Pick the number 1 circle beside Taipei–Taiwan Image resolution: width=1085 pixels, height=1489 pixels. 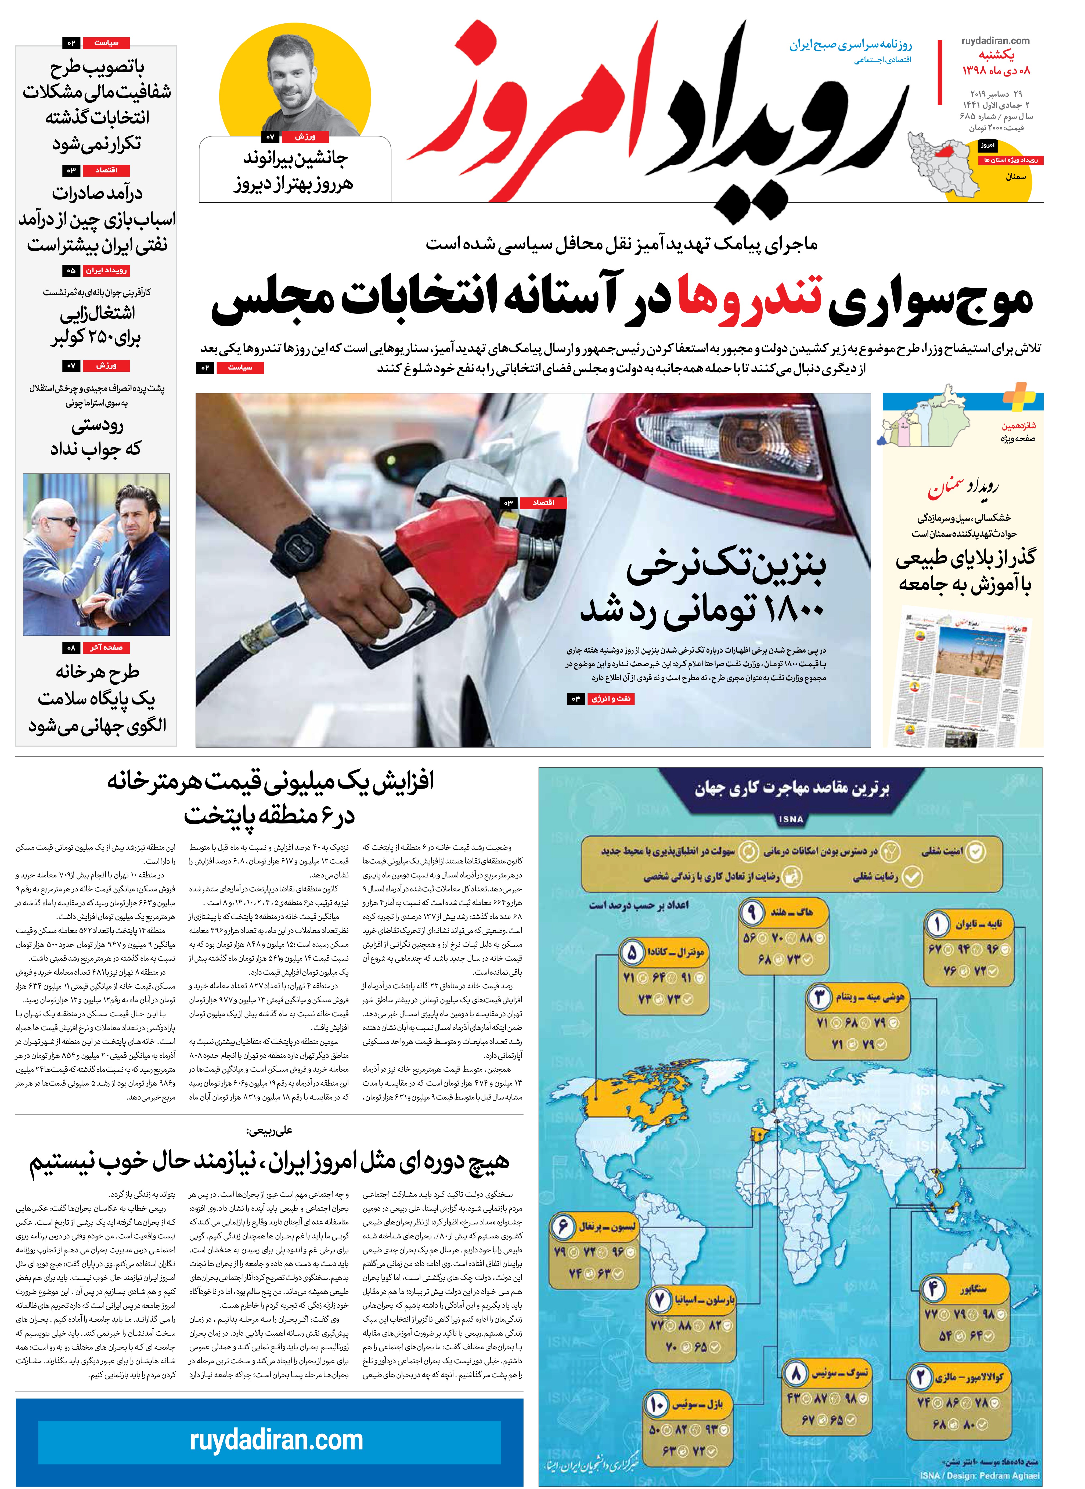937,925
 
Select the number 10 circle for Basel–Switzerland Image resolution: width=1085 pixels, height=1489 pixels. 656,1404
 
